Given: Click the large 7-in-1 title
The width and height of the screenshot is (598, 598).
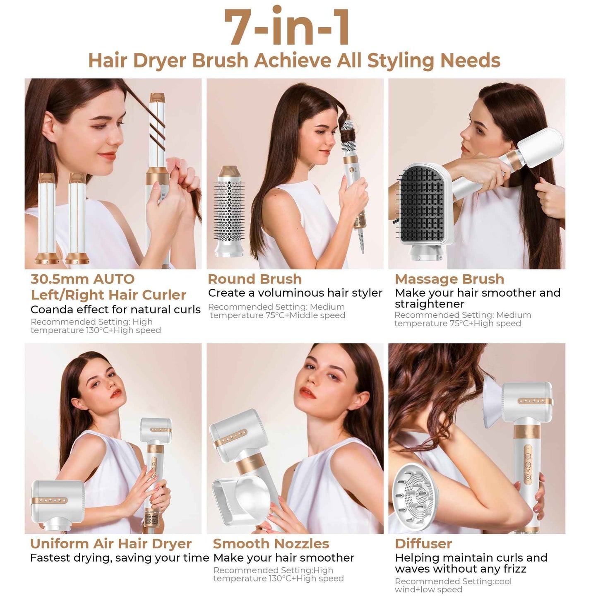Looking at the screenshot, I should tap(287, 27).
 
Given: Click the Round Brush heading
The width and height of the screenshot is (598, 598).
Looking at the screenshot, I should tap(255, 279).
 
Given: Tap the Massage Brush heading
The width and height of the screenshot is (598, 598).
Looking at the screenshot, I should tap(449, 279).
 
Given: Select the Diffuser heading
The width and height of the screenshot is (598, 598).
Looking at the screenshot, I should tap(423, 543).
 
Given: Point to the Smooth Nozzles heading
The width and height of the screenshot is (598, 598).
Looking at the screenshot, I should tap(271, 543).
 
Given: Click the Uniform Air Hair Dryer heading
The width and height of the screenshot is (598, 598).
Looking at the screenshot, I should tap(111, 543).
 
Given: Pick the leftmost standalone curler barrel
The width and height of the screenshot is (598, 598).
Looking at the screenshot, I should tap(47, 219).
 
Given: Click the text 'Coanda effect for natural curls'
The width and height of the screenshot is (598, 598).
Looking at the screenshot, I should tap(115, 310).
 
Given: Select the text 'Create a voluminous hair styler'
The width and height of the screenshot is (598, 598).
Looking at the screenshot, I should tap(295, 293).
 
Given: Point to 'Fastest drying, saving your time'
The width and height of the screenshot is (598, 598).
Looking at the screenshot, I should tap(120, 558).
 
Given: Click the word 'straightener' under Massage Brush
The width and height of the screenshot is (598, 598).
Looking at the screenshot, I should tap(430, 304).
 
